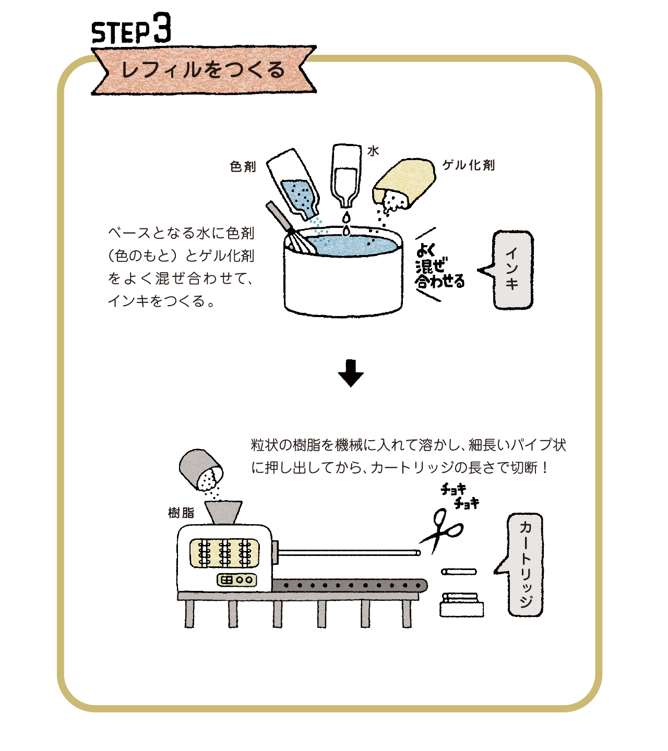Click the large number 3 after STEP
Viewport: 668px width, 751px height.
click(x=162, y=27)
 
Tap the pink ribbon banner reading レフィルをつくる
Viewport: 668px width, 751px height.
click(x=204, y=70)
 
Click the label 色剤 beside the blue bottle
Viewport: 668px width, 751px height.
click(x=243, y=167)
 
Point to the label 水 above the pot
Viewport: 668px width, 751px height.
click(x=373, y=151)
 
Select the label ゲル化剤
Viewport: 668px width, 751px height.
click(x=469, y=165)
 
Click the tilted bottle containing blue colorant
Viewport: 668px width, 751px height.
click(x=293, y=184)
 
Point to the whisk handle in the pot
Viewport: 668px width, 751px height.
click(x=280, y=217)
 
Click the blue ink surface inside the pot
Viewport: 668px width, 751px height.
click(x=352, y=245)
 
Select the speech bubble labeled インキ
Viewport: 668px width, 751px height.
click(x=512, y=270)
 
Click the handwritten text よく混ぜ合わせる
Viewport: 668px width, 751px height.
click(x=439, y=266)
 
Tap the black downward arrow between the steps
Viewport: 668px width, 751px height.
click(x=351, y=373)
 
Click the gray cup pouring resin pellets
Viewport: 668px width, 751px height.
click(x=201, y=470)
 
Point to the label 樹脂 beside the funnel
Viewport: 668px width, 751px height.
click(x=181, y=513)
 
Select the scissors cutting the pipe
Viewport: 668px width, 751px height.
click(x=442, y=530)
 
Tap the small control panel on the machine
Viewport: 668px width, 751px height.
click(x=236, y=580)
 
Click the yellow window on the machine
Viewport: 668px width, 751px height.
click(x=224, y=553)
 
